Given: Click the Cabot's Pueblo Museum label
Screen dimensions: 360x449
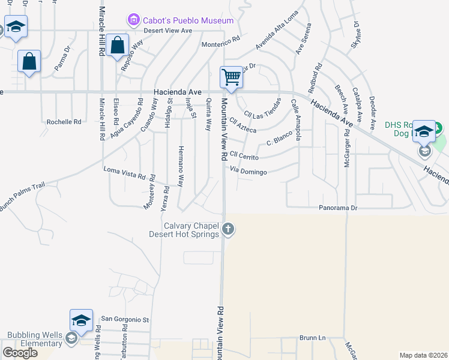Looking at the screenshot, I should coord(187,21).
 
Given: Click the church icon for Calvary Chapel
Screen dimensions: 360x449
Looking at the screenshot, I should coord(228,229).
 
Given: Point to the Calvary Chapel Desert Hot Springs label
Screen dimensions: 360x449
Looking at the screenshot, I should coord(185,230).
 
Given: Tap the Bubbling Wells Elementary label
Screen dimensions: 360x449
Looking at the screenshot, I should coord(35,339).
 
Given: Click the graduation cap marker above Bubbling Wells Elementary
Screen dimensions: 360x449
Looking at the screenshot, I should coord(81,320).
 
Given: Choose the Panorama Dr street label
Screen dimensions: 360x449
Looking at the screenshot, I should coord(338,208).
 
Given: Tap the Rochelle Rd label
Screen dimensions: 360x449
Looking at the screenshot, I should coord(64,122).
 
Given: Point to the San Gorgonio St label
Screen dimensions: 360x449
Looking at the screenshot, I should coord(124,319).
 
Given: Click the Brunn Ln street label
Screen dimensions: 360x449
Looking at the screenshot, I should coord(312,338).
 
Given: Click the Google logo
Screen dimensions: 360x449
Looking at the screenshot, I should coord(20,353).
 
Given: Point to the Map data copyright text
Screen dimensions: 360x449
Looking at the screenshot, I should coord(424,355).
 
